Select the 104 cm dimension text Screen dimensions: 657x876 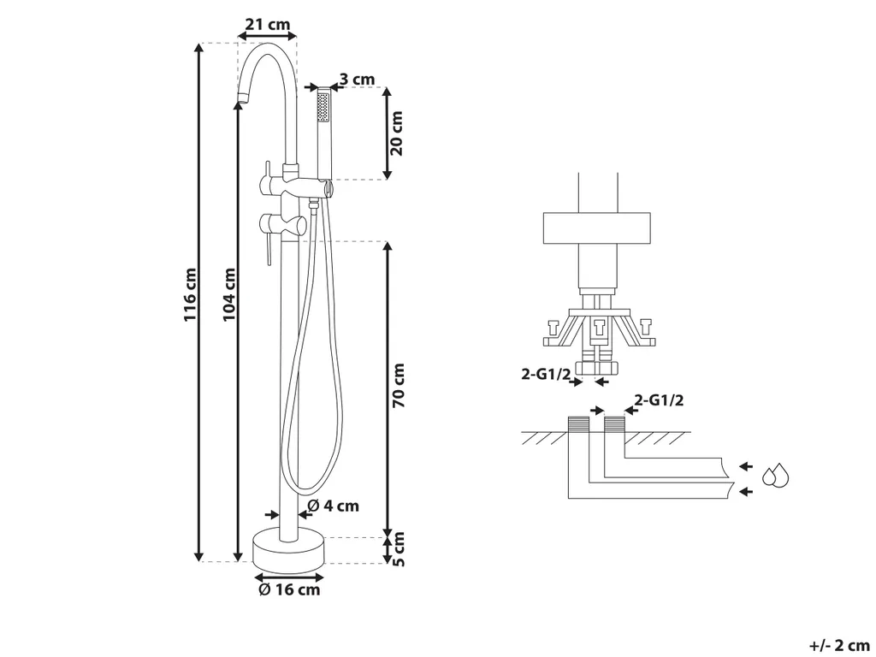[x=228, y=296]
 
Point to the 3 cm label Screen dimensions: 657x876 [x=357, y=80]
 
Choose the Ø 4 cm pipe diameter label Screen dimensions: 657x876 [x=332, y=506]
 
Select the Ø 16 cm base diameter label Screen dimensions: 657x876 [x=289, y=589]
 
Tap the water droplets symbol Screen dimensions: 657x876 [x=777, y=476]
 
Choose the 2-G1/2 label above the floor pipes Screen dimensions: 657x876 [x=660, y=399]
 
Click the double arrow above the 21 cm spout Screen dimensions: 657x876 [x=266, y=37]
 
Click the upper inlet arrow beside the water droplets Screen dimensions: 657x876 [x=745, y=466]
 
